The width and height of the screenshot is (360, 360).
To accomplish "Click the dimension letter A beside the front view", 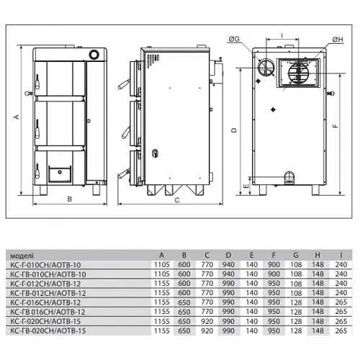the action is coord(17,117).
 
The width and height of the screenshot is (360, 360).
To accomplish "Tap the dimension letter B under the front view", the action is coord(70,199).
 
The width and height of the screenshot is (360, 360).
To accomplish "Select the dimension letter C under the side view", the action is coord(177,200).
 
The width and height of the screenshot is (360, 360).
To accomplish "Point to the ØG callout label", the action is coord(234,39).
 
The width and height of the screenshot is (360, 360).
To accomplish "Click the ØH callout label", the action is coord(338,40).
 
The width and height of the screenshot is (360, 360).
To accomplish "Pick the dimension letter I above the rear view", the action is coord(282,36).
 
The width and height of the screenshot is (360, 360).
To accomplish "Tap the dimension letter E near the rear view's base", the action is coord(246,186).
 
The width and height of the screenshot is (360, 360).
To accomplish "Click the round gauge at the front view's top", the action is coord(94,55).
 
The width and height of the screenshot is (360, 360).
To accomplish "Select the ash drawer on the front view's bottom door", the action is coord(60,174).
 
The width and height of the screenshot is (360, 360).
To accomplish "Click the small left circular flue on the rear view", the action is coord(266,68).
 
